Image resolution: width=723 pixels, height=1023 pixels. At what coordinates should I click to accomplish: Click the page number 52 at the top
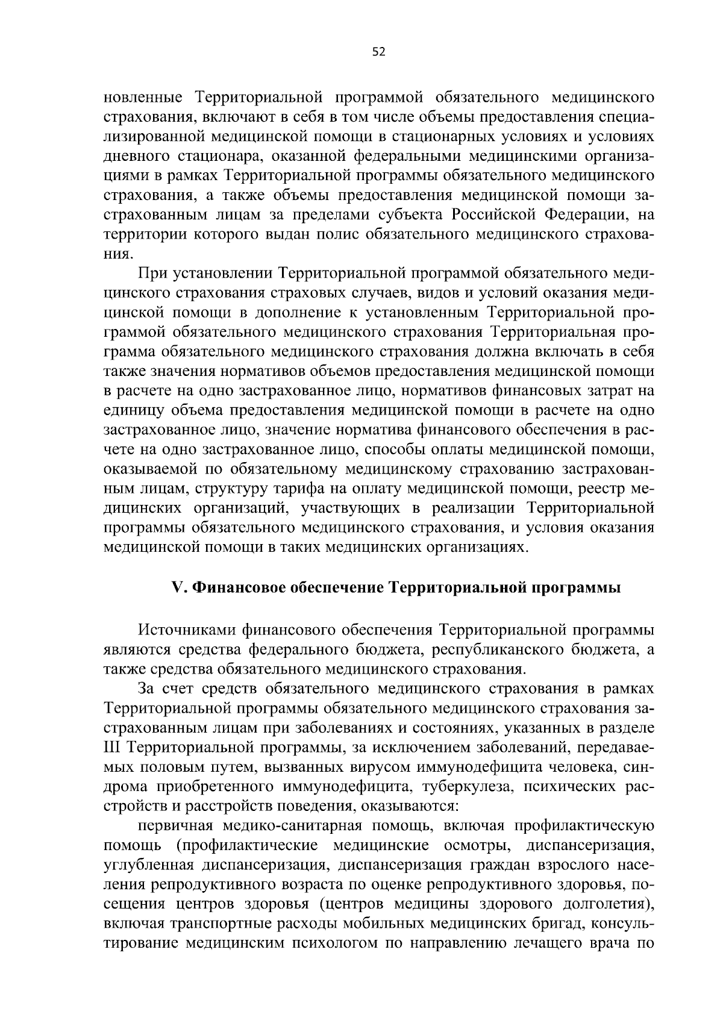point(378,52)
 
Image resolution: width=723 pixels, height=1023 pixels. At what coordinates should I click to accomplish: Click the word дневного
point(134,156)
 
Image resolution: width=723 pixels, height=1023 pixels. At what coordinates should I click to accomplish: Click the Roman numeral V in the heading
point(177,588)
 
